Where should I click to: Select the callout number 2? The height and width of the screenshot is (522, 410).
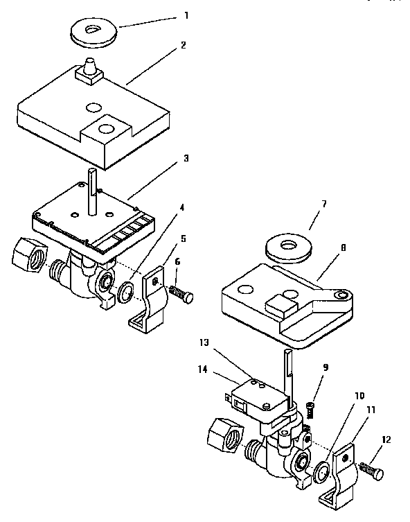184,46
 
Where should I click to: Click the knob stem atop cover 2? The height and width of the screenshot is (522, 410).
90,69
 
